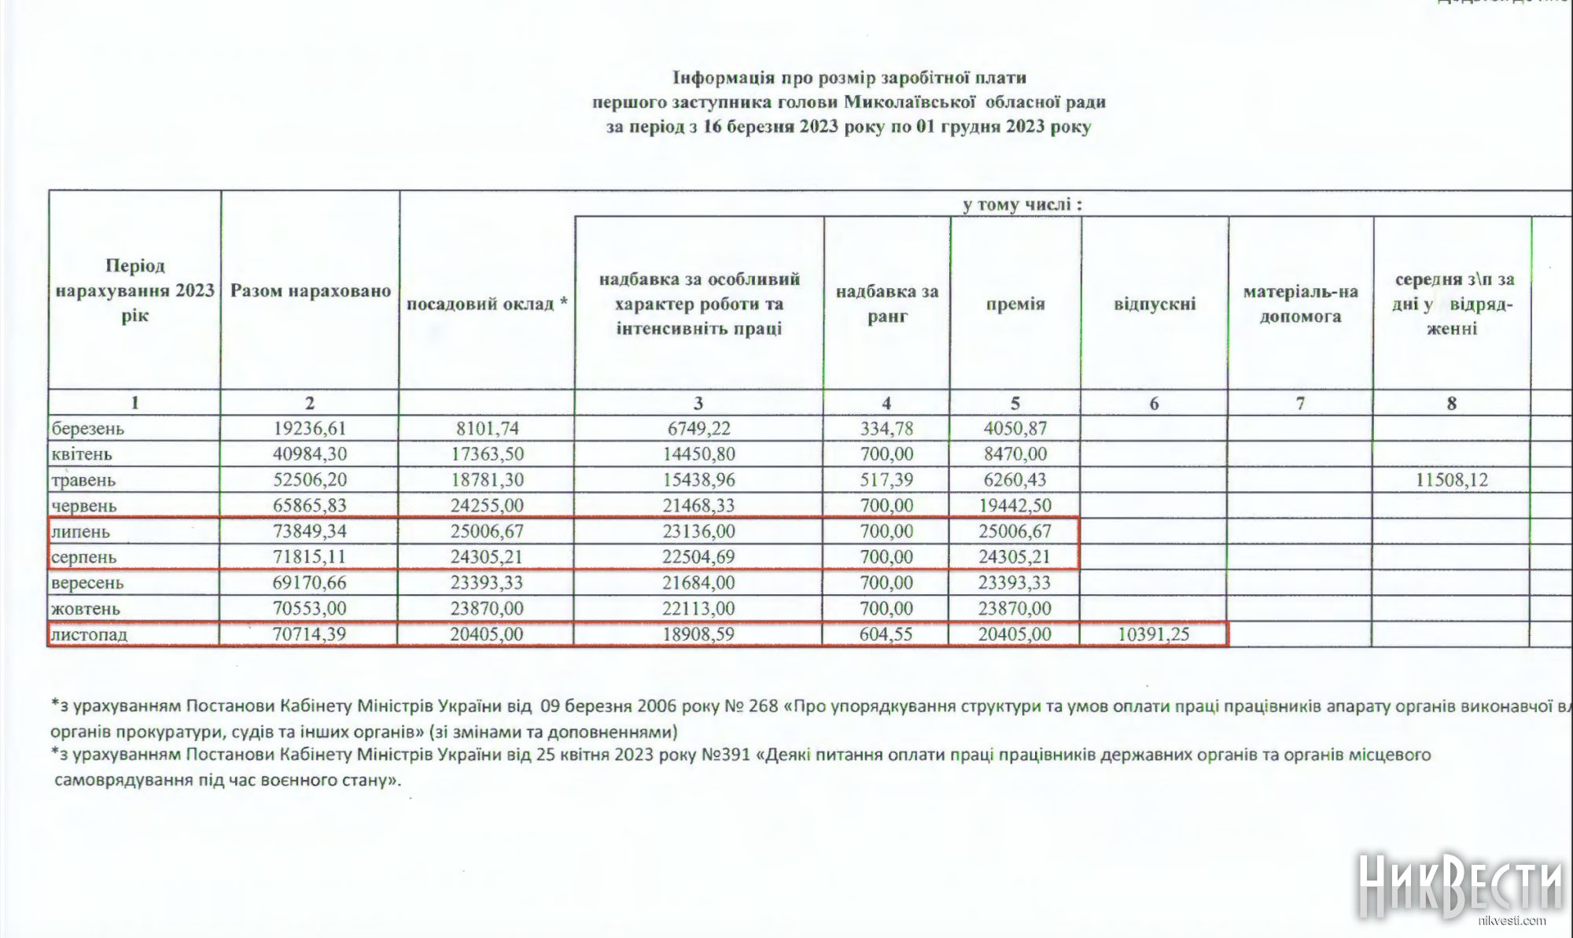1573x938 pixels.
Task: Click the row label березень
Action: click(88, 429)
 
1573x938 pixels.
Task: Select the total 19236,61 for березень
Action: click(310, 429)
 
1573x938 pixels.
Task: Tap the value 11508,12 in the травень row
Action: click(1452, 480)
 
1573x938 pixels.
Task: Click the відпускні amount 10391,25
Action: click(1153, 634)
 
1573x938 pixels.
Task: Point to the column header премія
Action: click(1015, 305)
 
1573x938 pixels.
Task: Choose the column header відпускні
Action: click(1155, 305)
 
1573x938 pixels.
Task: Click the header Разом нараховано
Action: click(311, 291)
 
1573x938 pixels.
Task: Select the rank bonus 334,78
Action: click(886, 429)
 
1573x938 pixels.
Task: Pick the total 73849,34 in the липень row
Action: click(310, 531)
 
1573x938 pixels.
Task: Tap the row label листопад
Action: click(89, 634)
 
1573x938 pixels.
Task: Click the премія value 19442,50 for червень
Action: click(1015, 505)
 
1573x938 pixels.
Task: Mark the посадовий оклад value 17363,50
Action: click(487, 454)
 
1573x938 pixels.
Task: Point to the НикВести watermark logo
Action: click(1460, 885)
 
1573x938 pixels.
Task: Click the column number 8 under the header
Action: click(1452, 404)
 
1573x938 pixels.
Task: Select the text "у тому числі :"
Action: click(1022, 205)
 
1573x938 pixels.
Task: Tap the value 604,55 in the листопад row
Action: click(886, 634)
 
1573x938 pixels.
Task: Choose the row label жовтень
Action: click(86, 608)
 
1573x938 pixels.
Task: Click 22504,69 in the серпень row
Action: click(698, 557)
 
